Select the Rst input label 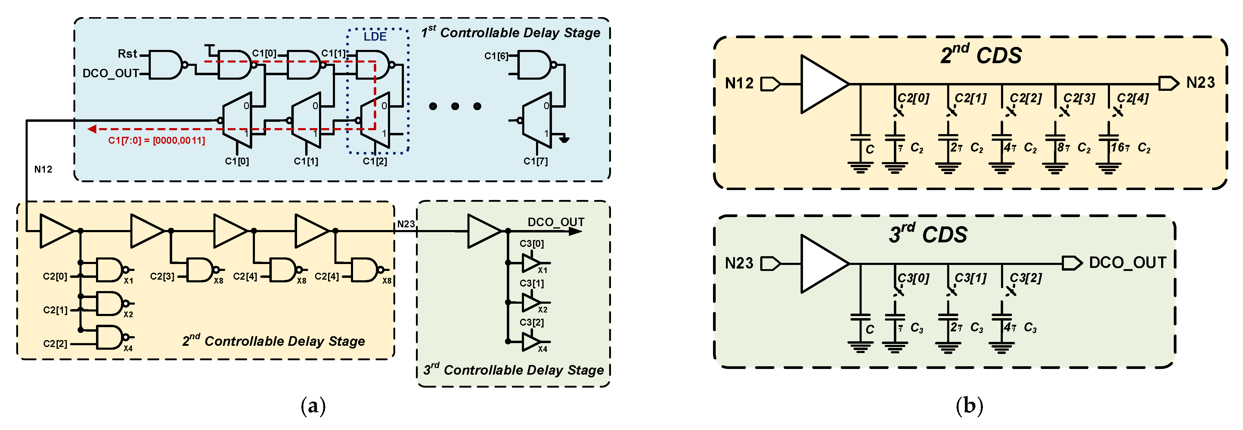click(127, 54)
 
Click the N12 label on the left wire click(43, 169)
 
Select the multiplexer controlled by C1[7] click(537, 120)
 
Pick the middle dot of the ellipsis click(455, 106)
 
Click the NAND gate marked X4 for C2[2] click(111, 337)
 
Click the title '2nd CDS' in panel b click(981, 54)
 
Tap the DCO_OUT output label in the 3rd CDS click(1127, 263)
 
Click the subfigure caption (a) click(313, 406)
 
